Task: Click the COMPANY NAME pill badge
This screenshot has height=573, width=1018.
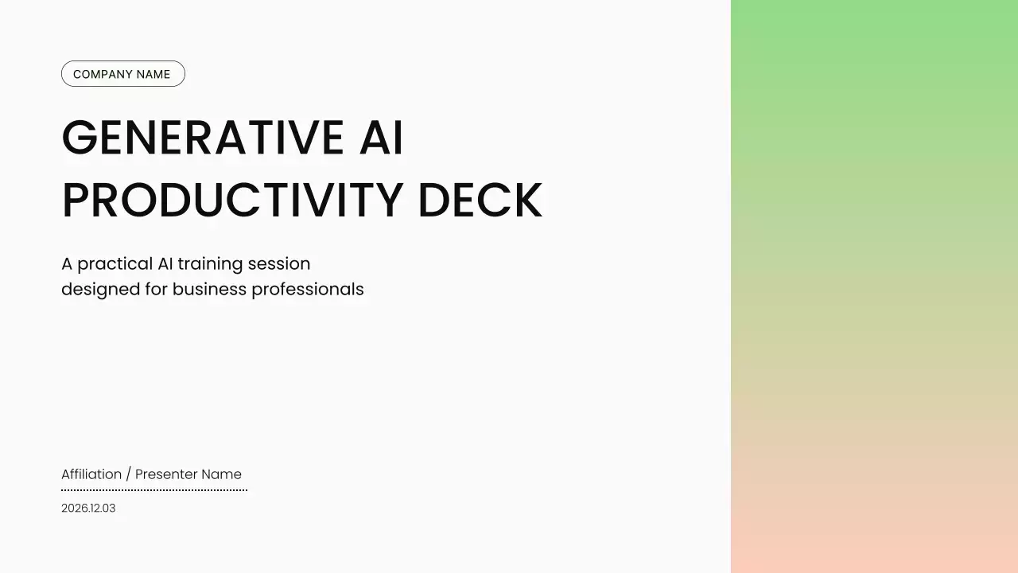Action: point(123,74)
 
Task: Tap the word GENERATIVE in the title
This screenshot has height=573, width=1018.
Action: point(203,138)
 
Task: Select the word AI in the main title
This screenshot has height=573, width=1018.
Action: point(381,138)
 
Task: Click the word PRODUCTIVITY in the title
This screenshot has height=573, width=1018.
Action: point(233,200)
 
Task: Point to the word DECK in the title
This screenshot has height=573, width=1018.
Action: point(480,200)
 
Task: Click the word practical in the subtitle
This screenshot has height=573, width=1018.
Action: point(115,264)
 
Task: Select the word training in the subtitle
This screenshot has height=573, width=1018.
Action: point(210,264)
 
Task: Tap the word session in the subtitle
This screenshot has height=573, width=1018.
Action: point(279,263)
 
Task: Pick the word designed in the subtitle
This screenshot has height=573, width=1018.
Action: point(100,290)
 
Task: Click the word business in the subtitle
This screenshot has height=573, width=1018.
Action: point(209,289)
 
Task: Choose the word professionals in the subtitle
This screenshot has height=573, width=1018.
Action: point(308,290)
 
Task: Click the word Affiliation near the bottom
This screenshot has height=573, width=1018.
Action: point(91,474)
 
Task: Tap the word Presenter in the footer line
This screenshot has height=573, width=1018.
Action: point(166,474)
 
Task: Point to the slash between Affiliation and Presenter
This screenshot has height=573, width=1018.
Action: point(129,474)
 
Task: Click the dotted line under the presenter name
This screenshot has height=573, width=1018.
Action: point(154,490)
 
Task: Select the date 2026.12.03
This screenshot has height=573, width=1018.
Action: point(88,508)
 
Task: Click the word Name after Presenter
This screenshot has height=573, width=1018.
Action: point(221,474)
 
